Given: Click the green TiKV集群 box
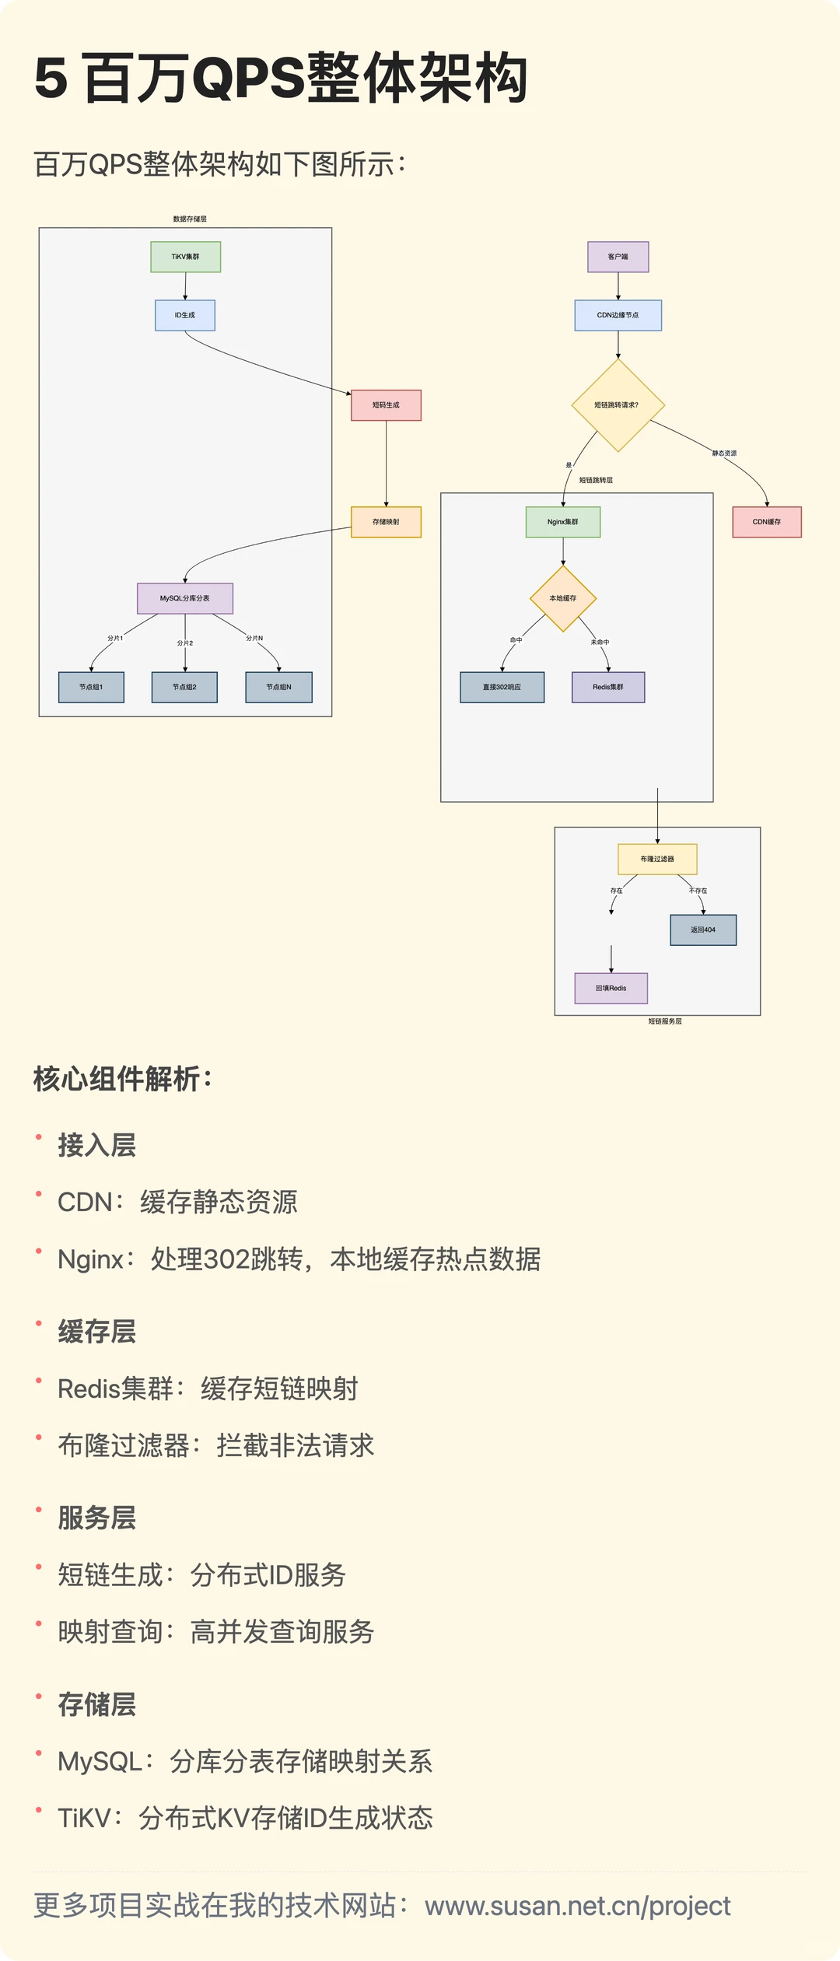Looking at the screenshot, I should point(185,257).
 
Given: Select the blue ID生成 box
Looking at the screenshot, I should point(185,315).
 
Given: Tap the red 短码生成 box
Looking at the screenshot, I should point(386,405).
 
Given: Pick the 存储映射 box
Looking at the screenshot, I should point(386,522).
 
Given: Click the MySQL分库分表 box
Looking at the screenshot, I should point(185,598).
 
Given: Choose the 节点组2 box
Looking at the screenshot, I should point(184,687).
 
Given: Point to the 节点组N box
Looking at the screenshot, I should point(278,687).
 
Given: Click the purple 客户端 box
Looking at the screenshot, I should point(618,257).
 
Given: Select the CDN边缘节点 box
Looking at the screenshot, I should point(618,315).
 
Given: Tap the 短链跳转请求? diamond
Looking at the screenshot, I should point(618,405).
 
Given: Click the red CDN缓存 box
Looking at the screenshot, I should point(766,522).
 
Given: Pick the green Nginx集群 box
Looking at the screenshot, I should point(562,522).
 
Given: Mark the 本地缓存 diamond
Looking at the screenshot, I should point(563,598).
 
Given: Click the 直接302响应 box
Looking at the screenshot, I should point(502,687).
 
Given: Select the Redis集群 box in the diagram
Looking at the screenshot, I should point(607,687).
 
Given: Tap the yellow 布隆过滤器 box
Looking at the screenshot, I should point(657,859).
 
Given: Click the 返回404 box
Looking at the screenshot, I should point(703,930).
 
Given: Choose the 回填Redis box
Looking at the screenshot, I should point(611,988).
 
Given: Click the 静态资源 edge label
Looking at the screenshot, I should point(724,453).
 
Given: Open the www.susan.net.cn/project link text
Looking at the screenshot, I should point(577,1906).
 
